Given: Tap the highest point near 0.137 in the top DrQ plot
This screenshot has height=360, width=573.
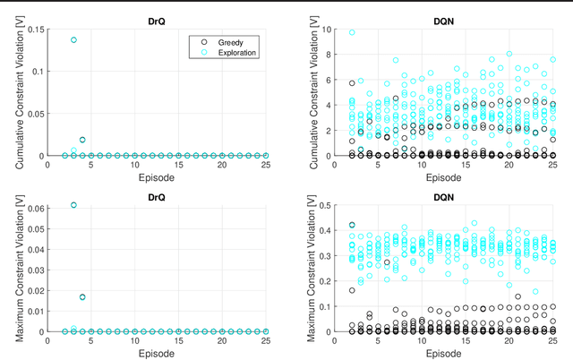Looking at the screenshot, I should click(x=73, y=40).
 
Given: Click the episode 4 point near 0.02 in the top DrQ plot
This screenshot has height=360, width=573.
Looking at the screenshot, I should click(x=82, y=140).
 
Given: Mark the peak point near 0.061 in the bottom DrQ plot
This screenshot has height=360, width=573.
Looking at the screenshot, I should click(x=73, y=205).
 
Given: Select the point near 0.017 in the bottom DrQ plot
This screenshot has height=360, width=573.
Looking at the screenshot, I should click(x=82, y=297).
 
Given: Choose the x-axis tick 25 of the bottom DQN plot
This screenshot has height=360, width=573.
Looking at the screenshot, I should click(x=552, y=340).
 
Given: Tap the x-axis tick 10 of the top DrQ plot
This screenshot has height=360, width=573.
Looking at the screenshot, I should click(x=134, y=165).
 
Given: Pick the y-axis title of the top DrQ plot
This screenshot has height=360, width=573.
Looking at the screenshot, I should click(x=20, y=92).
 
